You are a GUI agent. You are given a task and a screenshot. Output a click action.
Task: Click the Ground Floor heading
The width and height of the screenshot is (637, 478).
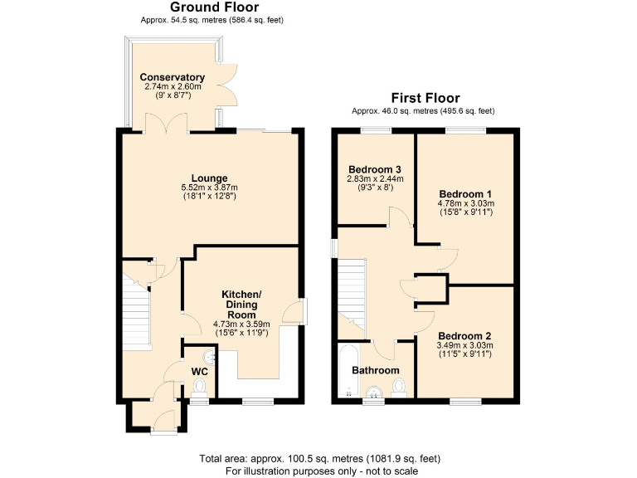(x=214, y=7)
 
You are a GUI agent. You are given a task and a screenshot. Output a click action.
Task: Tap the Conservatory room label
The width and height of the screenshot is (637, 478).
(x=172, y=77)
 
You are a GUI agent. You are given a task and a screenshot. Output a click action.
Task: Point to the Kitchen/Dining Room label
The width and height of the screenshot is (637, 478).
(x=241, y=305)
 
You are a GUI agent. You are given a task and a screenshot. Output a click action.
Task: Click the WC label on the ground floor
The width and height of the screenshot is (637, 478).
(x=199, y=370)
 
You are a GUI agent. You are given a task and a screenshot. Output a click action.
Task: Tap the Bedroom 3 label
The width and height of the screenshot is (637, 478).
(x=375, y=167)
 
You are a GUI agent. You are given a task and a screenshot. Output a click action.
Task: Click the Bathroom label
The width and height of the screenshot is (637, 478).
(x=375, y=370)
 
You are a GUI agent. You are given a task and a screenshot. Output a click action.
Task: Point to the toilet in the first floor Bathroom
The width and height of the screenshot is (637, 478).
(x=400, y=387)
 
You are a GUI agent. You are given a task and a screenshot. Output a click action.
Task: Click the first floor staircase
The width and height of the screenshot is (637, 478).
(x=352, y=290)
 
